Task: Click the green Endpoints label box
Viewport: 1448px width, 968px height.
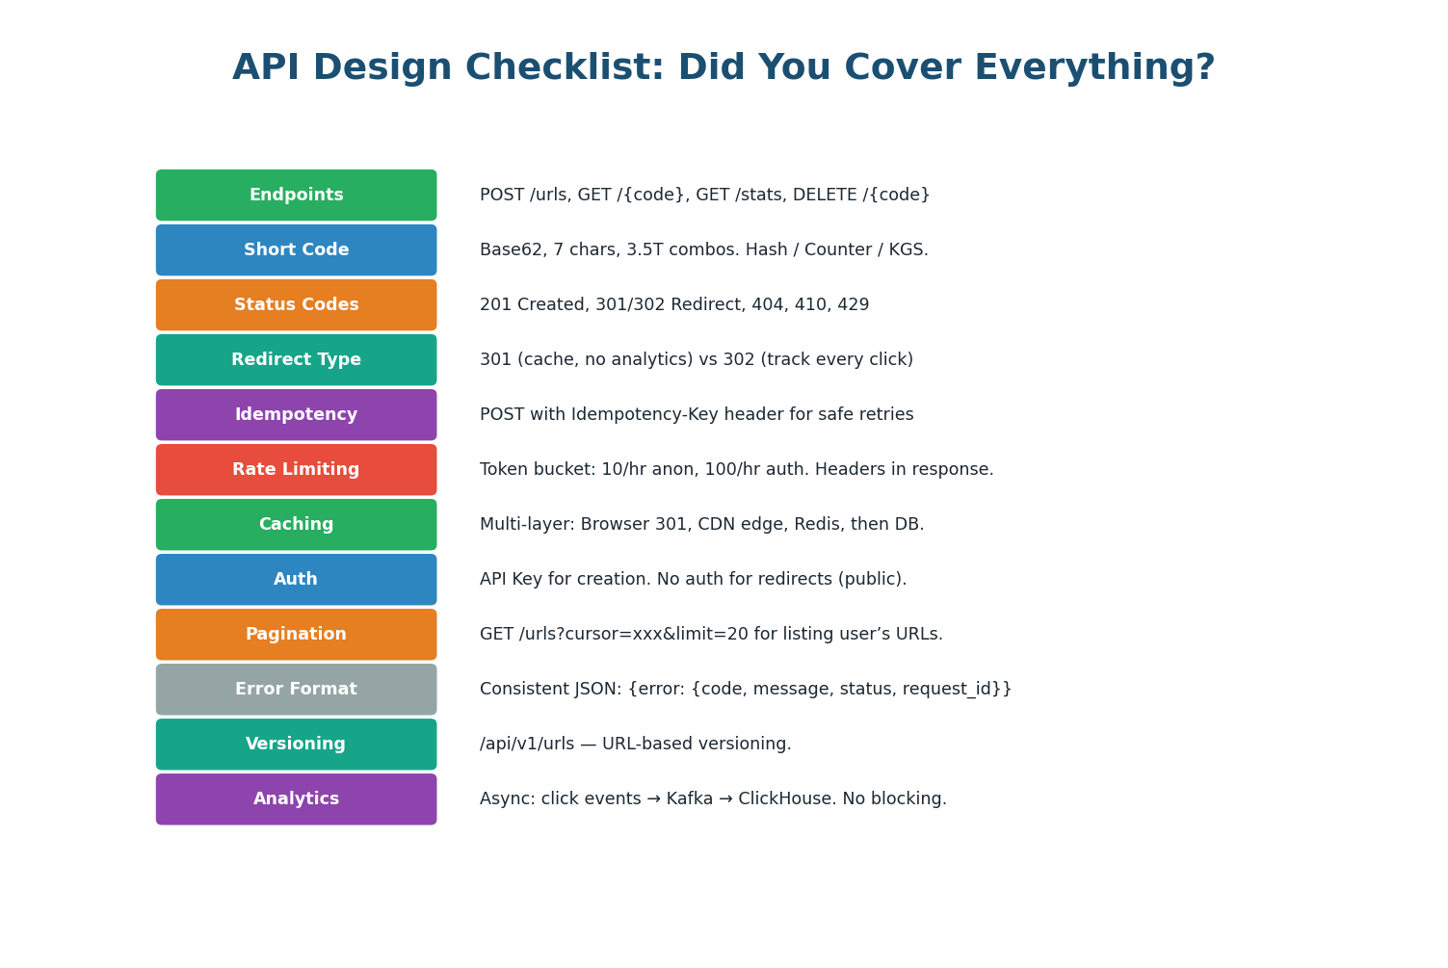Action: [x=296, y=196]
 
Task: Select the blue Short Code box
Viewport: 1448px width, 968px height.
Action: [x=296, y=250]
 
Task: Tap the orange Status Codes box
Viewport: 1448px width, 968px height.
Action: [x=296, y=305]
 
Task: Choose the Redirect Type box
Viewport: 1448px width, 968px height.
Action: [x=296, y=360]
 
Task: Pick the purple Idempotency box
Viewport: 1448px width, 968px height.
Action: [x=296, y=415]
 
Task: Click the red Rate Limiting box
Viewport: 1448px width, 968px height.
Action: [x=296, y=470]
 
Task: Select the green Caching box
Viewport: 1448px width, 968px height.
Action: [x=296, y=525]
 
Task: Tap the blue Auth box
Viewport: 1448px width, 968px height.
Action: [x=296, y=580]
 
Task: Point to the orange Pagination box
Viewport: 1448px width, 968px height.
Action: [x=296, y=635]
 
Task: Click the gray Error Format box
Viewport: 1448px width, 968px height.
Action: [x=296, y=690]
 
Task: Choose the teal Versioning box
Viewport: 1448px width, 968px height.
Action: [x=296, y=745]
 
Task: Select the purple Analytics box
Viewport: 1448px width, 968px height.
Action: [x=296, y=799]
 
